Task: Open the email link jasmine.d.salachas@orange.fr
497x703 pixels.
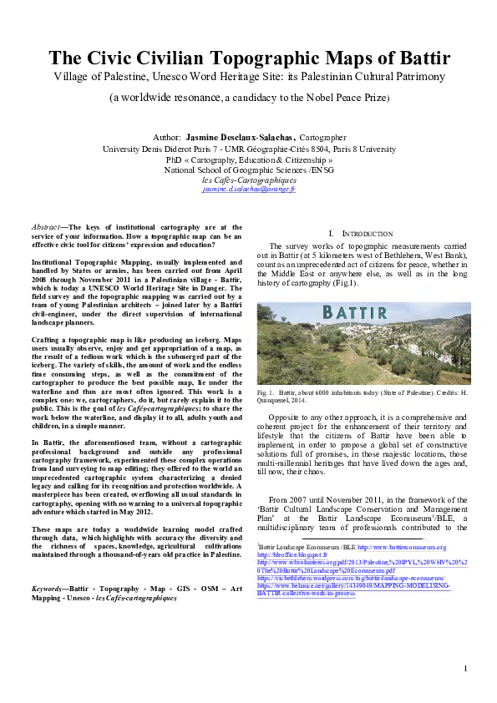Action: point(248,190)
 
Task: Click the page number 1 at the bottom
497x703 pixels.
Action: point(466,692)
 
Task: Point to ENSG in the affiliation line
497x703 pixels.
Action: point(322,169)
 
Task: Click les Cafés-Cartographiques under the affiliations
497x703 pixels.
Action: point(248,180)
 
